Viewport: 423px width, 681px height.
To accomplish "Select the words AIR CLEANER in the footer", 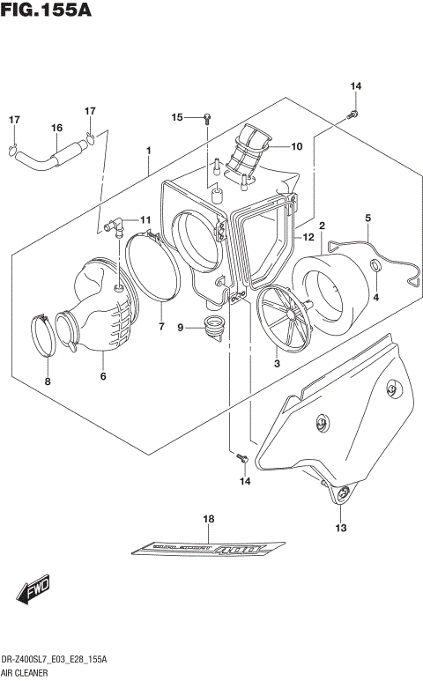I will (27, 672).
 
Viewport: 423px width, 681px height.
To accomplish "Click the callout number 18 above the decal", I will (209, 520).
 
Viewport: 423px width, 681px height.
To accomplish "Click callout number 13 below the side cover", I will (341, 528).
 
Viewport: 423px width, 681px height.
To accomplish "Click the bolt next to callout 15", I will (206, 117).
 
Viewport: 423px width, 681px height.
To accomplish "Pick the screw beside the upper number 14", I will (352, 114).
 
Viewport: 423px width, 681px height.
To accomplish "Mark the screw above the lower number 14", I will (240, 456).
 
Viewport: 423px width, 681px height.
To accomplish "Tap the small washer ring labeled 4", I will (375, 266).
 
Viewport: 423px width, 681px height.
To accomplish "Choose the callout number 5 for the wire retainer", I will (367, 218).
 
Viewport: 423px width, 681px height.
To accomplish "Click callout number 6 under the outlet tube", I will (103, 377).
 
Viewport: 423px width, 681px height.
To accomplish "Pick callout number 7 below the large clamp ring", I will (161, 328).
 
